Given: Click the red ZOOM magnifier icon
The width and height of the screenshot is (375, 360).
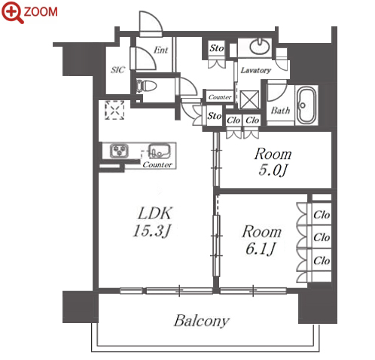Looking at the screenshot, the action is [13, 12].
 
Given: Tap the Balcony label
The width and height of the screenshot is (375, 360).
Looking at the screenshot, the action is [202, 321].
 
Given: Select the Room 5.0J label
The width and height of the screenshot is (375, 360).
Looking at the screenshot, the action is [273, 162].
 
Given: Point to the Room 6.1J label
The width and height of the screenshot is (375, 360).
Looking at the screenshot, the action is [261, 239].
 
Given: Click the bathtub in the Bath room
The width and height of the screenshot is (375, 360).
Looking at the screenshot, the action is [306, 105].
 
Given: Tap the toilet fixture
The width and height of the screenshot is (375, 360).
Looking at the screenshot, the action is [146, 87].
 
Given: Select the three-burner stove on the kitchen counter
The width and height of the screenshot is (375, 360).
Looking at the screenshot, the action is [120, 151].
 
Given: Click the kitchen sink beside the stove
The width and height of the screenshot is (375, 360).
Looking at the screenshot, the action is [159, 151].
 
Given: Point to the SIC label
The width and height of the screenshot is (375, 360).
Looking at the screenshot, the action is [117, 69].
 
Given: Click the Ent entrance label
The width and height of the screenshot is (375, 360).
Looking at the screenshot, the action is [160, 50].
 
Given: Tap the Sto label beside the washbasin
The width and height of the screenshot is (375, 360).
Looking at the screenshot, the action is [216, 48].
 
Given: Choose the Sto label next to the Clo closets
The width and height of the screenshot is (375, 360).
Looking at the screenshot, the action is [215, 116].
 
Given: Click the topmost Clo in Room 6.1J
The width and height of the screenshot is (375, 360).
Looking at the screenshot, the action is [322, 215].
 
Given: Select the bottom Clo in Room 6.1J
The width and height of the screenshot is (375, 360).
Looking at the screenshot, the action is [322, 261].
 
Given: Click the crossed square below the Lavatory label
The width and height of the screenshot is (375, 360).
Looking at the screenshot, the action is [249, 99].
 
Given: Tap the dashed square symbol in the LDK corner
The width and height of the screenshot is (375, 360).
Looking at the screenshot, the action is [114, 110].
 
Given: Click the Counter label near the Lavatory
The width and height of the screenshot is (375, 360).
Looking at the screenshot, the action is [220, 97].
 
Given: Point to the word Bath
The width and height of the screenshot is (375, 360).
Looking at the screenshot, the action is [280, 111].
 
